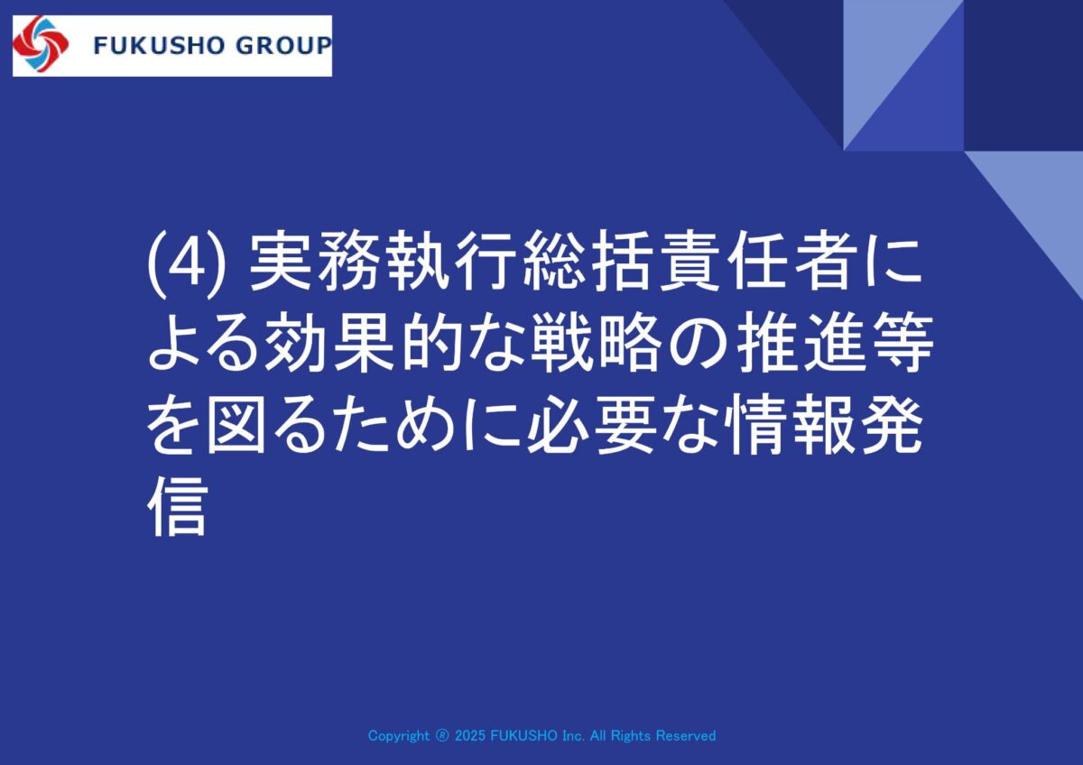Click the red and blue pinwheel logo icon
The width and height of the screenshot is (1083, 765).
[41, 44]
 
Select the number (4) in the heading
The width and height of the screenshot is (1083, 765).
[186, 265]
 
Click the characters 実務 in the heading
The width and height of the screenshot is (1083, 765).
[316, 263]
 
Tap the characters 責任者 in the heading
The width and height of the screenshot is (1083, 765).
[761, 263]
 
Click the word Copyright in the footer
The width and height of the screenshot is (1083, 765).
[398, 736]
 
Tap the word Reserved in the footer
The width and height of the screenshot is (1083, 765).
[686, 735]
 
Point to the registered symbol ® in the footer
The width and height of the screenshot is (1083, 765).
[442, 735]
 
